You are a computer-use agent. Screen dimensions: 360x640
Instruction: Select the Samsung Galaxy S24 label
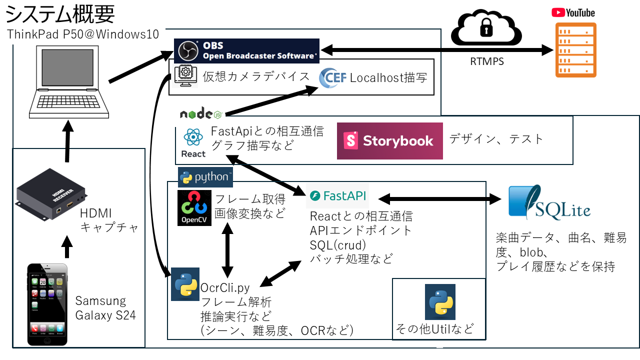[100, 308]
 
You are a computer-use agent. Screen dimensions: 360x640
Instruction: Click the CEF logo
[332, 78]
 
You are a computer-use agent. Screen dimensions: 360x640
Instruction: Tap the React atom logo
[193, 142]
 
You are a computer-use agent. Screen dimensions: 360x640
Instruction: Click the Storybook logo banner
[389, 141]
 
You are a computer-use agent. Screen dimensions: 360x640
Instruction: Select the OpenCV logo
[194, 208]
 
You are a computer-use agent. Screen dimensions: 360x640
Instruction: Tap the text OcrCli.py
[225, 288]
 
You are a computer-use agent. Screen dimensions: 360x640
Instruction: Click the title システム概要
[60, 14]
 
